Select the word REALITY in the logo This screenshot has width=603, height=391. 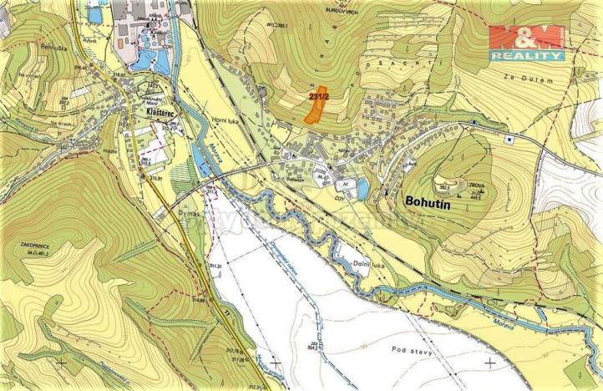tap(526, 55)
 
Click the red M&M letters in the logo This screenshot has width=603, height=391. tap(526, 38)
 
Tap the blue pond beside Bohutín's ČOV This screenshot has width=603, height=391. tap(362, 190)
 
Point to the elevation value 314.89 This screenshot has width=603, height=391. tap(199, 298)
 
